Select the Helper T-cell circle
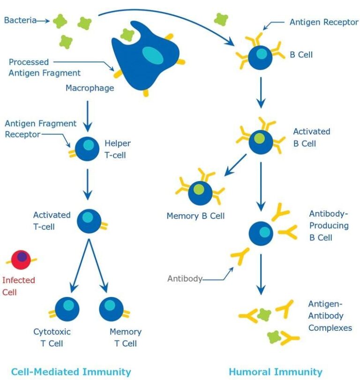[87, 149]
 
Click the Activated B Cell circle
[261, 142]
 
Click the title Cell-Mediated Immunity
[71, 372]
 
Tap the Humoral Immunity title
[276, 372]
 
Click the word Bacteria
[20, 21]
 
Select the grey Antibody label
[185, 279]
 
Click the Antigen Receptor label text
[323, 22]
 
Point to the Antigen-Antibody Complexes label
[330, 316]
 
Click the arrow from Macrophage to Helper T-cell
[87, 117]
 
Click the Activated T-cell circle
[88, 221]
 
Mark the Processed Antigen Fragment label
[45, 67]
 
